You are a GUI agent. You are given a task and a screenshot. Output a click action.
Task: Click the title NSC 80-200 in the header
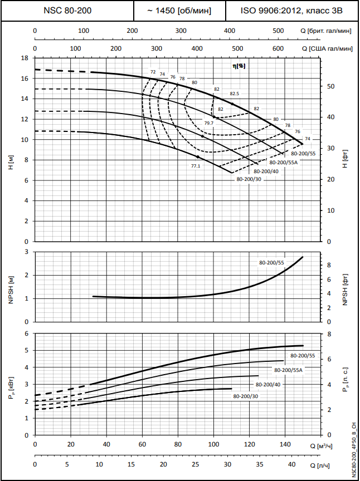click(x=67, y=11)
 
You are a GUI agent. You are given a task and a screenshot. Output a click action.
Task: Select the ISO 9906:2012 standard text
click(x=291, y=11)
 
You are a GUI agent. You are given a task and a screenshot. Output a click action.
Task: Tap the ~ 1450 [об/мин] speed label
click(x=179, y=11)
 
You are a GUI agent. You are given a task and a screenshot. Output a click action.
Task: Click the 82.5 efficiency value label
click(x=234, y=94)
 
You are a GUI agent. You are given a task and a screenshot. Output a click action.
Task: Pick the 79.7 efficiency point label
click(x=208, y=123)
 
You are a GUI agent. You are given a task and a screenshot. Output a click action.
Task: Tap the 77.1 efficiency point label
click(x=196, y=165)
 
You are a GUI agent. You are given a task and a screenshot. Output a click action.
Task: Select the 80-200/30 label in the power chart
click(x=246, y=396)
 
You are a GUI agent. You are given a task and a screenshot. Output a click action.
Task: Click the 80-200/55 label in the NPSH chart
click(x=271, y=262)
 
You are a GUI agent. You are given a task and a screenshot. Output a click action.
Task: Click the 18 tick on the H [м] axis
click(x=25, y=58)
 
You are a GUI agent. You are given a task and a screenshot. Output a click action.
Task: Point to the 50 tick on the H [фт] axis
click(x=330, y=86)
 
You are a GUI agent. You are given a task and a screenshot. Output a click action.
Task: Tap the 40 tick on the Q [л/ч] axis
click(x=291, y=464)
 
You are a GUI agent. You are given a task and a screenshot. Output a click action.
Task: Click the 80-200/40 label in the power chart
click(x=268, y=384)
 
